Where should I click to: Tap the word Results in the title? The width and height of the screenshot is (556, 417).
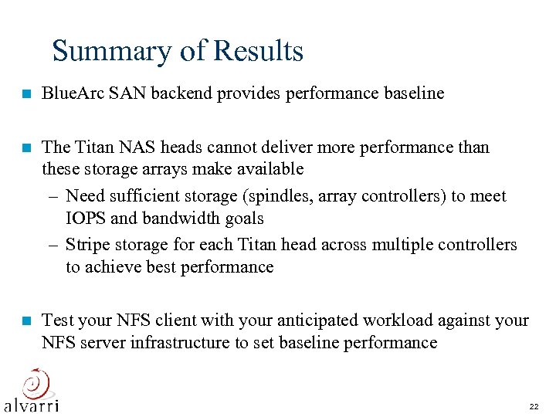[259, 51]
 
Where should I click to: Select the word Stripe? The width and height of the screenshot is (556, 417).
[88, 245]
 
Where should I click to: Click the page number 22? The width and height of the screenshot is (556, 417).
[534, 406]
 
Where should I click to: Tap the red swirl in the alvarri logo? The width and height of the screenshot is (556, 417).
[34, 382]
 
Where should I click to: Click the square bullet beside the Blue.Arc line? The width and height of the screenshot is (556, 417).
[26, 94]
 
